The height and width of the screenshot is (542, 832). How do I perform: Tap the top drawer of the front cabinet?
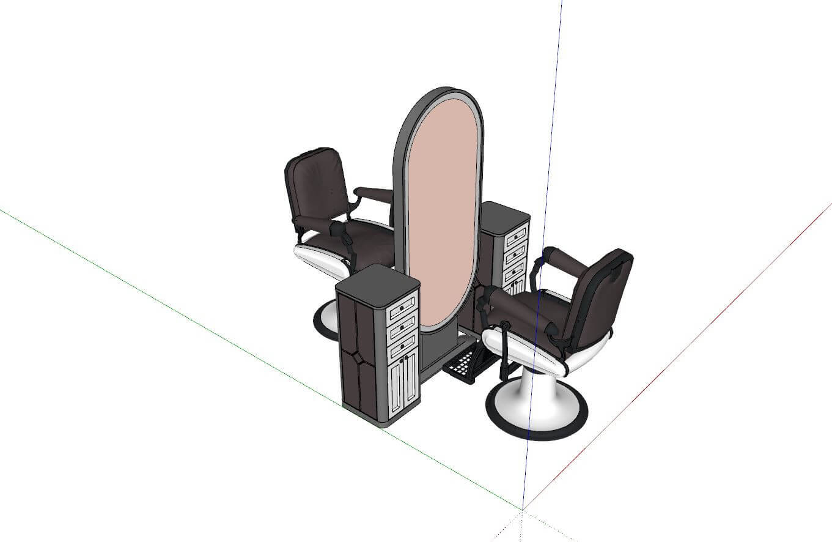[403, 305]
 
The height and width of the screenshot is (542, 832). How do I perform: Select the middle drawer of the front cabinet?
[403, 327]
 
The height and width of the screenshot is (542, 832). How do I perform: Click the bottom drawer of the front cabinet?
[403, 347]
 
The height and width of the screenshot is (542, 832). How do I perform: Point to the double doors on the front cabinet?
[403, 382]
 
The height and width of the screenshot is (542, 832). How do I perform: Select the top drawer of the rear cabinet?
[517, 234]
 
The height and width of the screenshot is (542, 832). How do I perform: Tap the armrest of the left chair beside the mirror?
[374, 194]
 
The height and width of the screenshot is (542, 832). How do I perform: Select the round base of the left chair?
[324, 321]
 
